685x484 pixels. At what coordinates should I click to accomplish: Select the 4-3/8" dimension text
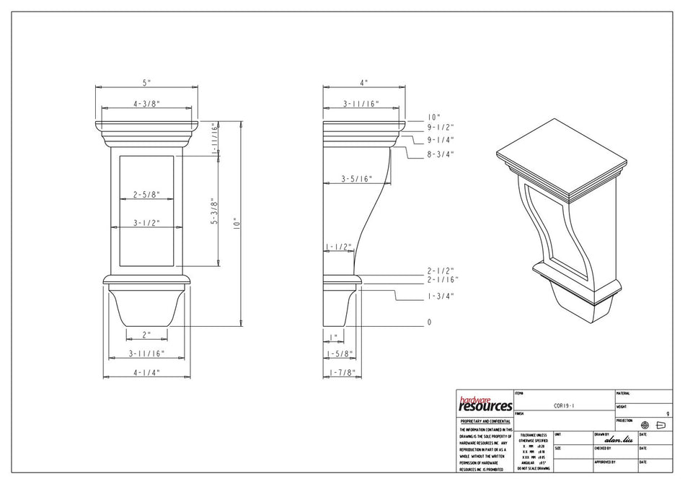pyautogui.click(x=146, y=104)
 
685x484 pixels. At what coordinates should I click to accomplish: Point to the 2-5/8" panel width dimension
pyautogui.click(x=146, y=195)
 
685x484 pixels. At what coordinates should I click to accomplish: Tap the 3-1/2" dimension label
pyautogui.click(x=146, y=223)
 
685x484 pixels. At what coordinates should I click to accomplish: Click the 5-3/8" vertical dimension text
pyautogui.click(x=214, y=212)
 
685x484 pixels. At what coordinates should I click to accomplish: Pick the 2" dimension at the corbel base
pyautogui.click(x=146, y=334)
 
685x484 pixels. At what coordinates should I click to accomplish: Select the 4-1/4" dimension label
pyautogui.click(x=146, y=372)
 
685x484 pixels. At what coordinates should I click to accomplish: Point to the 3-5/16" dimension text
pyautogui.click(x=357, y=178)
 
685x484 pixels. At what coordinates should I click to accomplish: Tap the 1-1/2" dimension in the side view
pyautogui.click(x=339, y=247)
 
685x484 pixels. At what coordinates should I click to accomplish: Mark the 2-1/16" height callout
pyautogui.click(x=441, y=279)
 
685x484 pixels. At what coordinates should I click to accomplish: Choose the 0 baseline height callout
pyautogui.click(x=429, y=322)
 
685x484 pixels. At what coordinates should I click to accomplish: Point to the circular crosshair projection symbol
pyautogui.click(x=645, y=426)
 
